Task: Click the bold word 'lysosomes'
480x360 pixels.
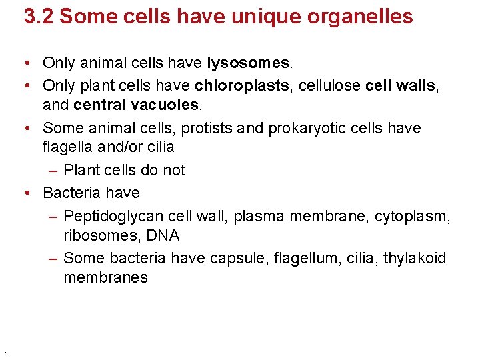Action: (249, 63)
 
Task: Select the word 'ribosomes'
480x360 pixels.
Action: (97, 236)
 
